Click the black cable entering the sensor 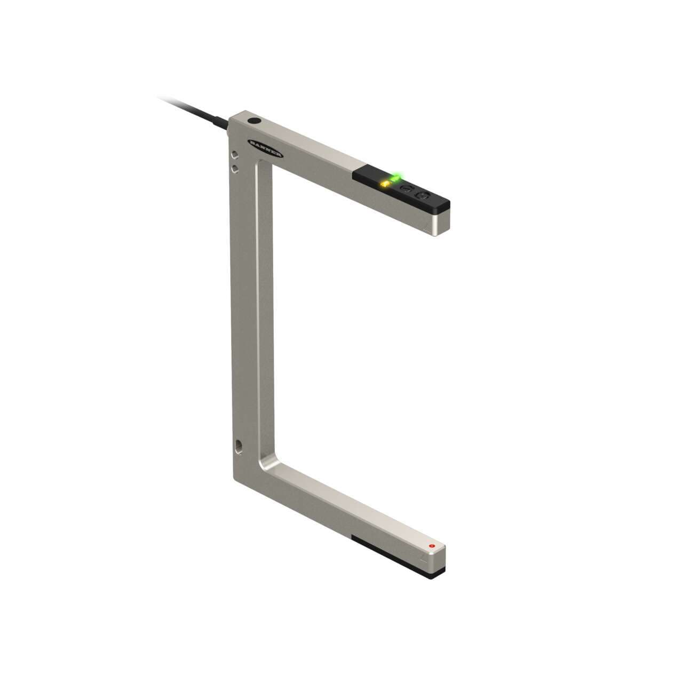click(192, 109)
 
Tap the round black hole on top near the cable click(255, 122)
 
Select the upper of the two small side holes click(234, 156)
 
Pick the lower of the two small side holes click(234, 169)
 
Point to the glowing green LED click(396, 177)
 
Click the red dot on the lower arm click(431, 547)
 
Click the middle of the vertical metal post click(243, 309)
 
